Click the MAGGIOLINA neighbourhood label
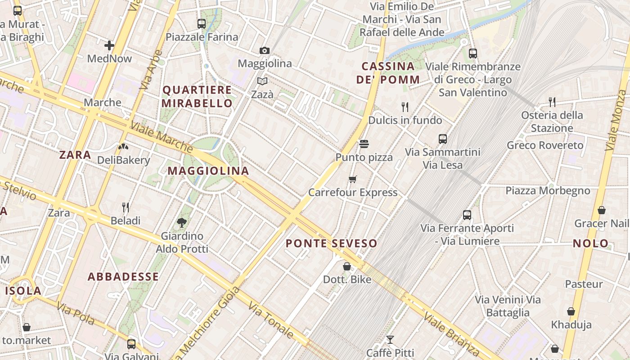(x=208, y=171)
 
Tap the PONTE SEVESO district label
(x=331, y=243)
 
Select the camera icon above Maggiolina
(x=265, y=50)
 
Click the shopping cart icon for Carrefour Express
(x=353, y=179)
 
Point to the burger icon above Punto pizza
(x=364, y=144)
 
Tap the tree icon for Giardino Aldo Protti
(x=182, y=222)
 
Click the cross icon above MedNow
(x=109, y=45)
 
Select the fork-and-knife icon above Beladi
(x=126, y=207)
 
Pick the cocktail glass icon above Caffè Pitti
(x=390, y=339)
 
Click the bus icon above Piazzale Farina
(x=202, y=23)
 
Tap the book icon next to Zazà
(x=262, y=81)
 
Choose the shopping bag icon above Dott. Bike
(x=347, y=266)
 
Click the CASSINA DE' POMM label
(x=388, y=73)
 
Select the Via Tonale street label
(x=271, y=320)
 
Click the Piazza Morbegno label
(x=548, y=190)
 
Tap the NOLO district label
(x=590, y=243)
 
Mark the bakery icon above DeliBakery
(x=123, y=147)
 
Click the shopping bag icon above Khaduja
(x=571, y=311)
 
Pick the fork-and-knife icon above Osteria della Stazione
(x=552, y=102)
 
